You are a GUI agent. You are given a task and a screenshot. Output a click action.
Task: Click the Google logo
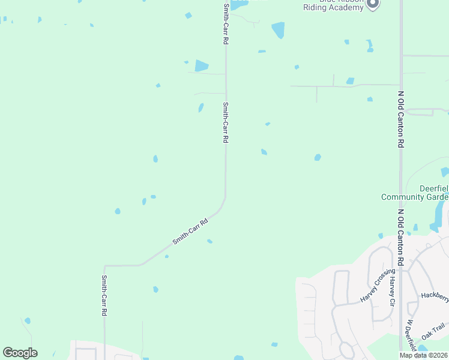(20, 353)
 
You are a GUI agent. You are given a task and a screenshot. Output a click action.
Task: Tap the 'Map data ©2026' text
(423, 355)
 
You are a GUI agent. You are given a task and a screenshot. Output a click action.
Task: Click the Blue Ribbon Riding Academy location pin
(373, 4)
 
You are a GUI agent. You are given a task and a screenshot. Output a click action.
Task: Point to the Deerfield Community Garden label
(415, 192)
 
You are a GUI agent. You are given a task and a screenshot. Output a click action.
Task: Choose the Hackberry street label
(435, 296)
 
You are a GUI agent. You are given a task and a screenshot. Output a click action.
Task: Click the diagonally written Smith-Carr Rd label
(190, 230)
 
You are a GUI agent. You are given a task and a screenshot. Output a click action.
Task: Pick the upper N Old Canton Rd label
(400, 119)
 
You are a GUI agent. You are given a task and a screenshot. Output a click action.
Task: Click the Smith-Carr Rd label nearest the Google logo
(104, 295)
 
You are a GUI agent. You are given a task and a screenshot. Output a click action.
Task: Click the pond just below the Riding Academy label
(278, 29)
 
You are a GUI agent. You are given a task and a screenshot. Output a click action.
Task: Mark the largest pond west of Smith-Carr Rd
(202, 65)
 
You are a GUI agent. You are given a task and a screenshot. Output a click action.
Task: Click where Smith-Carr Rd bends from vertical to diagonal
(224, 198)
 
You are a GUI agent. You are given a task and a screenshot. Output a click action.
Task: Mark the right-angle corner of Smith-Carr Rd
(105, 265)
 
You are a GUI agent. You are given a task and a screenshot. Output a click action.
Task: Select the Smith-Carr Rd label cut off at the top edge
(226, 24)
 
